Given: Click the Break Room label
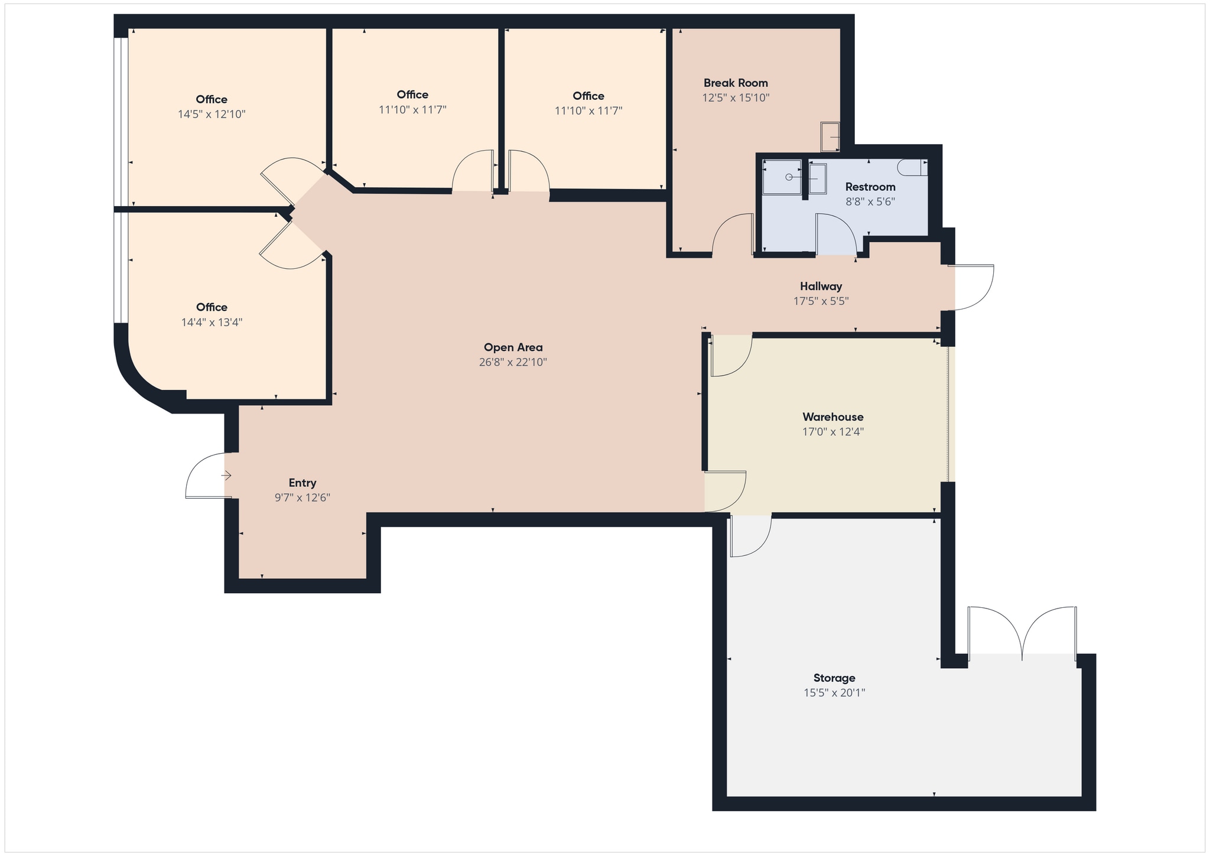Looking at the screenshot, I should point(736,83).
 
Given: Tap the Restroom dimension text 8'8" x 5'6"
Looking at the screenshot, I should point(870,201).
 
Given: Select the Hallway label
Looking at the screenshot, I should point(821,287).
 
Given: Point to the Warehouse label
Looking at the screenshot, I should point(832,417).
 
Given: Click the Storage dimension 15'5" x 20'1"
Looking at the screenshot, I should point(834,692).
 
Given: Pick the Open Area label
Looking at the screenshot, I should point(513,347).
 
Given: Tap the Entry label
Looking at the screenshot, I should point(302,483).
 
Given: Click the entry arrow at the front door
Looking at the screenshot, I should point(226,475).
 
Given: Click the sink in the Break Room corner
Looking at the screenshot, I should point(830,136).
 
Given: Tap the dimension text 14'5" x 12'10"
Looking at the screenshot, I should point(212,114).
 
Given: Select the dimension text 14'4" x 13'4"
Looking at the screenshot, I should point(212,323).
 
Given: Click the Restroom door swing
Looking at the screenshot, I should point(836,233).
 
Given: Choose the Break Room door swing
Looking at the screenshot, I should point(733,235).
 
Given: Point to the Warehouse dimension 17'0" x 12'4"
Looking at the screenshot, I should point(832,432).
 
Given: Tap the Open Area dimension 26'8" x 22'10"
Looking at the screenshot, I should point(513,362).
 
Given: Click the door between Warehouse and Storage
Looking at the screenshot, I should point(750,536).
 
